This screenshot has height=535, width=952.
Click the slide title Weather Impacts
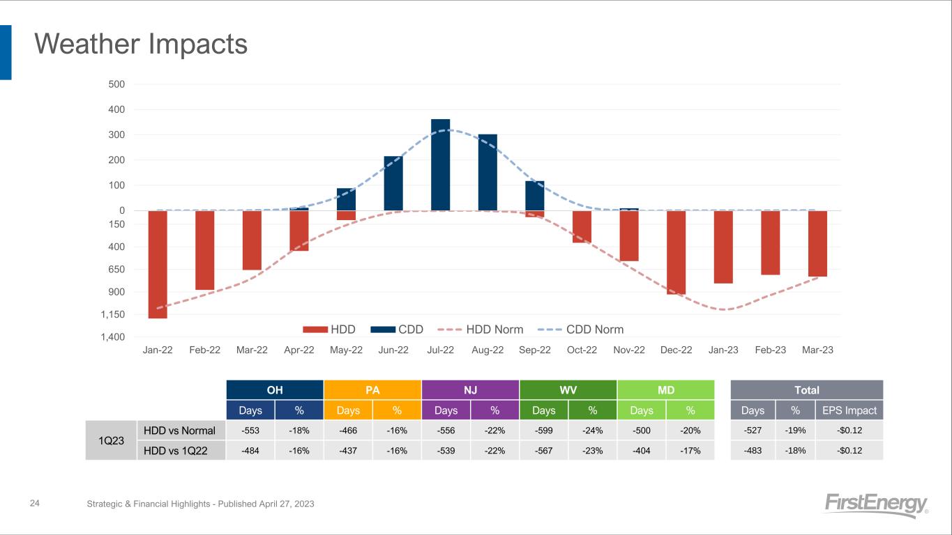[x=141, y=45]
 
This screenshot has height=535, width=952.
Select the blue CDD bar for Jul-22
[x=440, y=164]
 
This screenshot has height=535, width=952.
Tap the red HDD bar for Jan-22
[x=158, y=264]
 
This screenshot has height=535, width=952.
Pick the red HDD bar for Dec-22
[x=676, y=252]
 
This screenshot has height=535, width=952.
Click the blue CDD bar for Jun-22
[x=393, y=183]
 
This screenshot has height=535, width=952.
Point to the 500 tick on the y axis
[x=116, y=84]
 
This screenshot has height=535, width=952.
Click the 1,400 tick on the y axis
[x=113, y=337]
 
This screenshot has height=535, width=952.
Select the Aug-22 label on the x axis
[x=488, y=350]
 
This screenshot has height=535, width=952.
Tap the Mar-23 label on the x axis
[x=817, y=350]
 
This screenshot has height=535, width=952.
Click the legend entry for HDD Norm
[x=494, y=329]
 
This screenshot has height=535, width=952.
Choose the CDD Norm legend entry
[x=594, y=329]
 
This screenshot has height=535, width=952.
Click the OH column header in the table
[x=275, y=389]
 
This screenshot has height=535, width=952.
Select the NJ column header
[x=470, y=389]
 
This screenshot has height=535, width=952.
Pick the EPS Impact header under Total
[x=849, y=410]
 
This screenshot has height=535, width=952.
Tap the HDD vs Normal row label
[x=179, y=431]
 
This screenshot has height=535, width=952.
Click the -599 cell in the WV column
[x=543, y=431]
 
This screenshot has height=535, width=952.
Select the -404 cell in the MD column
[x=641, y=451]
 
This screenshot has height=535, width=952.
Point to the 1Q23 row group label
[x=110, y=440]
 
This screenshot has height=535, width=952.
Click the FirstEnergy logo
[x=876, y=505]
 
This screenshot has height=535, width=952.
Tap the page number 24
[x=34, y=503]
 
